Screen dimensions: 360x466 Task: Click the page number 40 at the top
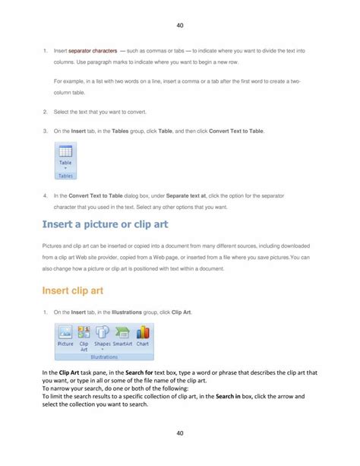coord(180,25)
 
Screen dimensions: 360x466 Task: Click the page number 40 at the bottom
coord(180,433)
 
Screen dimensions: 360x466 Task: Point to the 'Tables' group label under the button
coord(65,176)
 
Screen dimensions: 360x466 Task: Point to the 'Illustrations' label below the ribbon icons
coord(104,357)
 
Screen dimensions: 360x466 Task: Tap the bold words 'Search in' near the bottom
coord(229,396)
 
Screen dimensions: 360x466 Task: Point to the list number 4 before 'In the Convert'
coord(45,195)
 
